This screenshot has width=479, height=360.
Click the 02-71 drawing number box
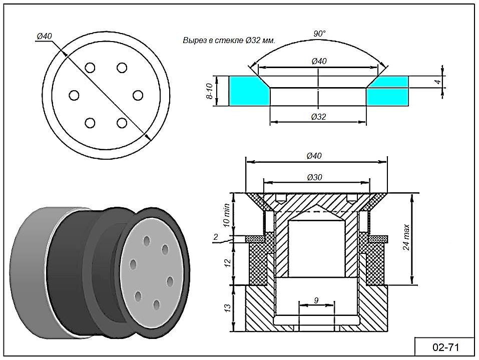pyautogui.click(x=445, y=347)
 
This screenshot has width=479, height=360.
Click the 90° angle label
pyautogui.click(x=319, y=34)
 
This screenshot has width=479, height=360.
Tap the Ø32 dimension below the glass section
pyautogui.click(x=319, y=117)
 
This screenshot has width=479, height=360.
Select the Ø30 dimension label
pyautogui.click(x=315, y=177)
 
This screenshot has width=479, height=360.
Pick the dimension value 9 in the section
pyautogui.click(x=316, y=300)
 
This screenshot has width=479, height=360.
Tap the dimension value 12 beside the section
pyautogui.click(x=226, y=262)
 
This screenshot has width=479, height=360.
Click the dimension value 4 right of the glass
pyautogui.click(x=437, y=81)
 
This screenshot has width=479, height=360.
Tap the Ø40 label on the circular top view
pyautogui.click(x=45, y=36)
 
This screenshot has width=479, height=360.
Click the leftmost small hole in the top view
pyautogui.click(x=75, y=95)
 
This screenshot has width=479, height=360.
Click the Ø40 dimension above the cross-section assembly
pyautogui.click(x=315, y=156)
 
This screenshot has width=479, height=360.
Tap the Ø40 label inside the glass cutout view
pyautogui.click(x=319, y=61)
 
